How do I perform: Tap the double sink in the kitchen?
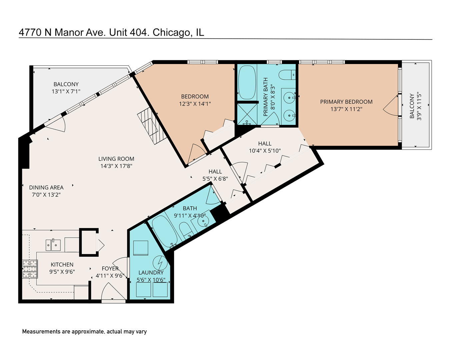click(x=53, y=245)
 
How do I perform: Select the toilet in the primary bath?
click(x=287, y=75)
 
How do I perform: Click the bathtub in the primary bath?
click(x=247, y=82)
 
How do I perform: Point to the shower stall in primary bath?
click(x=247, y=113)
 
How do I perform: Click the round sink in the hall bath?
click(x=202, y=221)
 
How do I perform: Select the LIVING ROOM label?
click(x=116, y=159)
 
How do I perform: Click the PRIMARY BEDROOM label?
click(x=346, y=102)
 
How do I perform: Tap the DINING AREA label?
click(x=46, y=187)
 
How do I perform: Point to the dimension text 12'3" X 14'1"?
click(x=195, y=104)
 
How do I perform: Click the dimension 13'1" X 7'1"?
click(x=66, y=91)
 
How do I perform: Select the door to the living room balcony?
click(x=55, y=124)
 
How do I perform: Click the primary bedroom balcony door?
click(x=391, y=106)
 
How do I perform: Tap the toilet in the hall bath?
click(x=186, y=230)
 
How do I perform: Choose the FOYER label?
click(x=110, y=268)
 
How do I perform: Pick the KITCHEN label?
click(x=62, y=264)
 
